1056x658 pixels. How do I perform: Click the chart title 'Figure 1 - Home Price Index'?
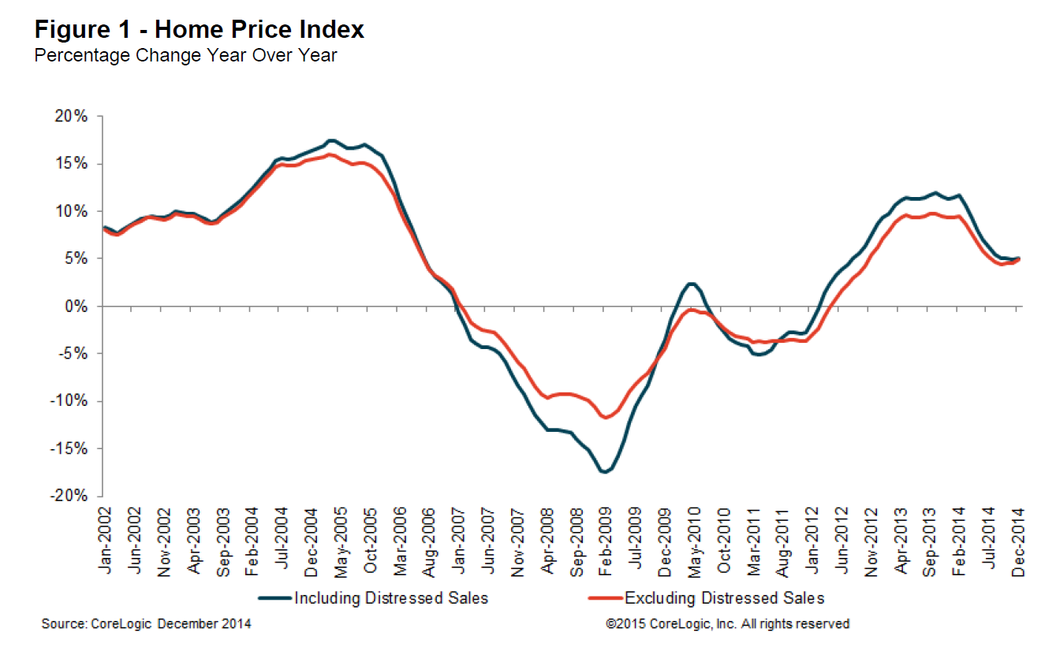click(199, 30)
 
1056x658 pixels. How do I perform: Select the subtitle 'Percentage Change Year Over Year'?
click(185, 56)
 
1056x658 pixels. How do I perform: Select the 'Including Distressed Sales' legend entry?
click(391, 598)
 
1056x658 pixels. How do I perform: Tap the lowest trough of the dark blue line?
click(604, 472)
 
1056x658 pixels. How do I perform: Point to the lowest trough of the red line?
click(606, 418)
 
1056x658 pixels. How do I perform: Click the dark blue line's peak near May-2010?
click(692, 284)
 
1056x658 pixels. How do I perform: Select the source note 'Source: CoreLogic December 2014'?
click(146, 624)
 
